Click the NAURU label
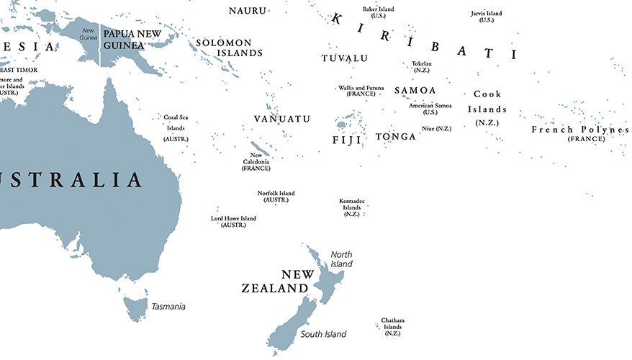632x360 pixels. pos(248,10)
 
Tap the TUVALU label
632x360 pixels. pos(344,58)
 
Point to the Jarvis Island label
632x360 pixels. pos(487,16)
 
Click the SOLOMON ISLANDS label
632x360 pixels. pos(229,48)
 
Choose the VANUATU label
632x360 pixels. pos(282,118)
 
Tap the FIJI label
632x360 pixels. pos(346,140)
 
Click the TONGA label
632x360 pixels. pos(395,136)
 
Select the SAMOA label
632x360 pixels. pos(415,90)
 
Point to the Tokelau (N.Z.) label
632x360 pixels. pos(422,67)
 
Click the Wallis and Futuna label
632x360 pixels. pos(361,91)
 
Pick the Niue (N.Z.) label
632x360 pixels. pos(436,128)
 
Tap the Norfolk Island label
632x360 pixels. pos(276,197)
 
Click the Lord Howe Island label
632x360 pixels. pos(233,221)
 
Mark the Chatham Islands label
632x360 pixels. pos(392,326)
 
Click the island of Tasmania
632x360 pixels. pos(135,308)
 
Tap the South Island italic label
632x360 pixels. pos(323,334)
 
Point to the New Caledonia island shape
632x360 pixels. pos(261,148)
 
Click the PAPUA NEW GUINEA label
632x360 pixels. pos(132,39)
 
